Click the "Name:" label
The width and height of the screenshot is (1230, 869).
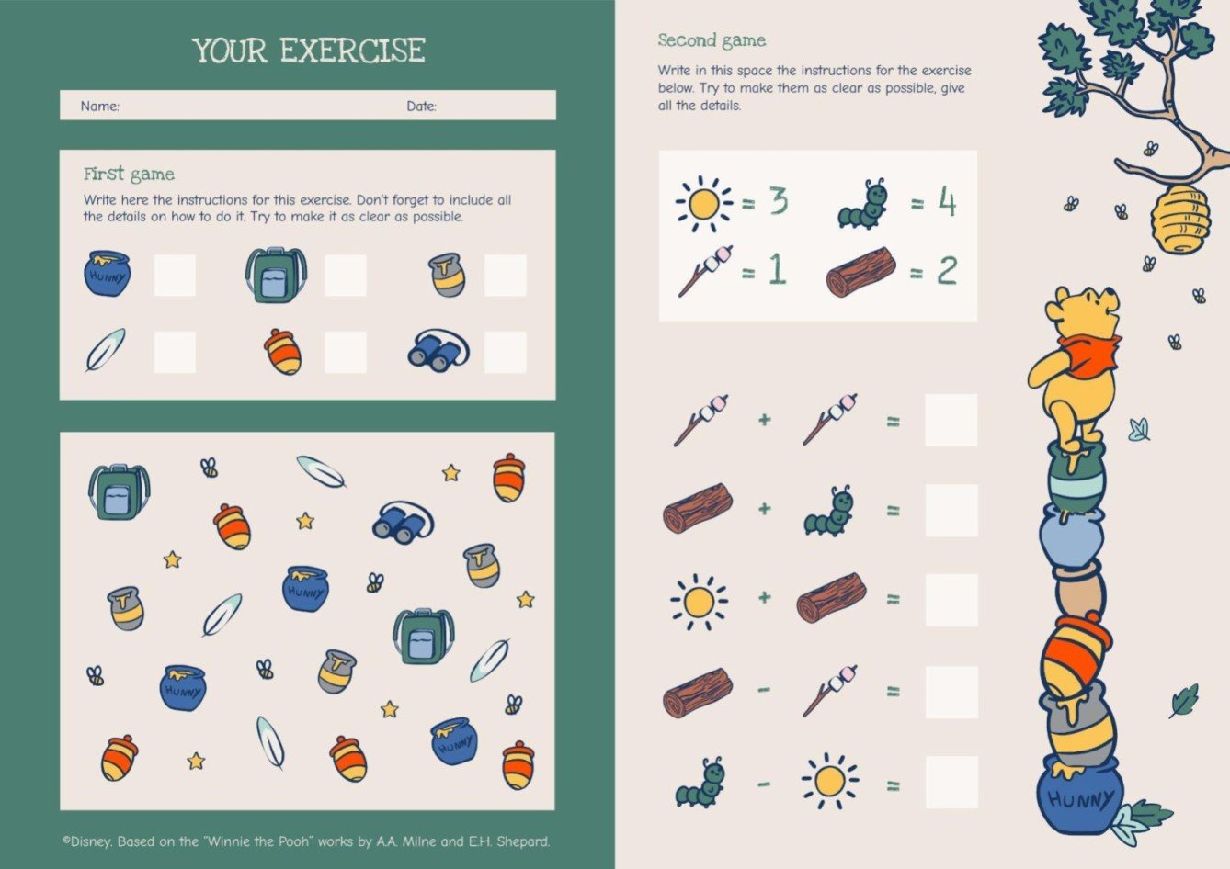pyautogui.click(x=100, y=106)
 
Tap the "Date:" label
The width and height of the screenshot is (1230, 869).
pyautogui.click(x=422, y=106)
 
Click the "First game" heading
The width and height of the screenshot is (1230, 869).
pyautogui.click(x=129, y=175)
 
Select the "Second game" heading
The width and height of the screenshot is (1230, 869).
pyautogui.click(x=712, y=40)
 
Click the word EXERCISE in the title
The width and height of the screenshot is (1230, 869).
pyautogui.click(x=352, y=51)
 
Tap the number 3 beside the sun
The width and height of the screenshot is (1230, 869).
pyautogui.click(x=778, y=201)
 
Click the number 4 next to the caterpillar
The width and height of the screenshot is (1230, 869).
pyautogui.click(x=947, y=201)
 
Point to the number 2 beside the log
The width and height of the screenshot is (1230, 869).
pyautogui.click(x=947, y=270)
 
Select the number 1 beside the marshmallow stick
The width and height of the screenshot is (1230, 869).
pyautogui.click(x=778, y=270)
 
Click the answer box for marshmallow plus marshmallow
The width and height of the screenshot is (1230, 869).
pyautogui.click(x=951, y=420)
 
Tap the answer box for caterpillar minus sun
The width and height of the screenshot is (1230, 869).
pyautogui.click(x=951, y=783)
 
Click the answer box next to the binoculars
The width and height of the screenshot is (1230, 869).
pyautogui.click(x=506, y=352)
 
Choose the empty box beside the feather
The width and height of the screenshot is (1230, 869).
pyautogui.click(x=175, y=352)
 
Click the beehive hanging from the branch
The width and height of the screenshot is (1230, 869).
pyautogui.click(x=1180, y=219)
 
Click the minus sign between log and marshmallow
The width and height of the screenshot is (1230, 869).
pyautogui.click(x=764, y=690)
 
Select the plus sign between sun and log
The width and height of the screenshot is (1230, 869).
pyautogui.click(x=764, y=597)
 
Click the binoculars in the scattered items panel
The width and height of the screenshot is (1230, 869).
pyautogui.click(x=403, y=523)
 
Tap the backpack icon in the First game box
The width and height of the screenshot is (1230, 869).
pyautogui.click(x=276, y=276)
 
